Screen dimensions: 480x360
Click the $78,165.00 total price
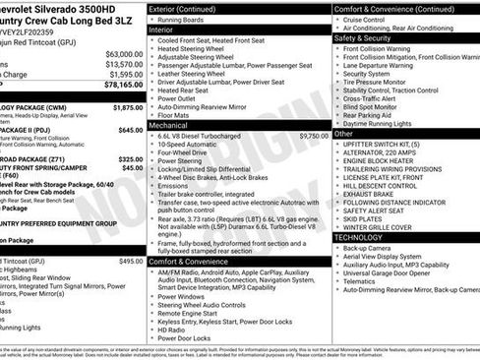[x=121, y=87]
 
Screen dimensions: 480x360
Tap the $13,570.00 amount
[x=123, y=64]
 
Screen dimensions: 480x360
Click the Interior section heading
[x=161, y=30]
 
